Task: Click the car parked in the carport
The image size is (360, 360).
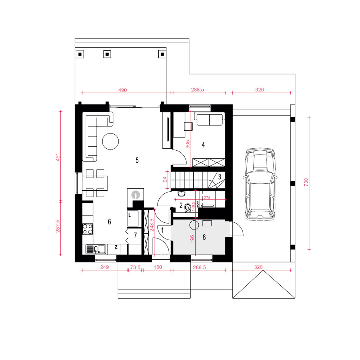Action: pyautogui.click(x=260, y=184)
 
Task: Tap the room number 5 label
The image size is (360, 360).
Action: pyautogui.click(x=137, y=160)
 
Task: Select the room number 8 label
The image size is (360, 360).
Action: pyautogui.click(x=204, y=237)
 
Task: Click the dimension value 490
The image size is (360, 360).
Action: pyautogui.click(x=122, y=90)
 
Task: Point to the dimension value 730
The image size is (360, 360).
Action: pyautogui.click(x=306, y=182)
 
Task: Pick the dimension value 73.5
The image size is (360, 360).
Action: pyautogui.click(x=135, y=267)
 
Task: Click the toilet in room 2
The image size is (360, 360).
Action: pyautogui.click(x=188, y=207)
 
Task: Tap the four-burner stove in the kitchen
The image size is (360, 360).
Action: pyautogui.click(x=88, y=229)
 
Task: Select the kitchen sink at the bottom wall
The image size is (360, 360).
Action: pyautogui.click(x=96, y=249)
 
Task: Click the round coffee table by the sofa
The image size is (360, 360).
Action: pyautogui.click(x=111, y=141)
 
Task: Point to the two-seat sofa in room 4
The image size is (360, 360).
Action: pyautogui.click(x=209, y=119)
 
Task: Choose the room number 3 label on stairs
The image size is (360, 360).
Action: pyautogui.click(x=220, y=177)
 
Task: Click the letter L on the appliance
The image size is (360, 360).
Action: pyautogui.click(x=130, y=215)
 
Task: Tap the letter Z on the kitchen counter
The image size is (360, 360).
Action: pyautogui.click(x=116, y=247)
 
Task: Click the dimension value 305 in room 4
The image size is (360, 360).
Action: pyautogui.click(x=188, y=145)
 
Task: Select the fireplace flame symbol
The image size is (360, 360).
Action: pyautogui.click(x=136, y=195)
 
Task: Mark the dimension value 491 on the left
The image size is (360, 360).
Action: pyautogui.click(x=58, y=157)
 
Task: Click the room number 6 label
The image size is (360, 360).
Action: pyautogui.click(x=109, y=222)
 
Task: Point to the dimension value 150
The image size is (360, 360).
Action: pyautogui.click(x=158, y=267)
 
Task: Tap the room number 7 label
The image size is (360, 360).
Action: pyautogui.click(x=135, y=235)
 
